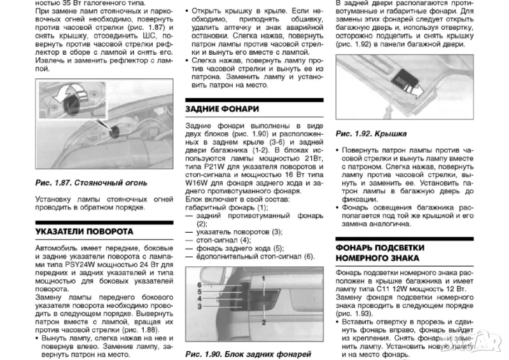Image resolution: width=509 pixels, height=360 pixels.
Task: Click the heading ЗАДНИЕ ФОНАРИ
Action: click(222, 109)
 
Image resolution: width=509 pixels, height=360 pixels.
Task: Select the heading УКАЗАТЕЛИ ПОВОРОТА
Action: click(84, 231)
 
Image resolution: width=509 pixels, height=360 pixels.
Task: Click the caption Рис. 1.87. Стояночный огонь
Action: click(91, 183)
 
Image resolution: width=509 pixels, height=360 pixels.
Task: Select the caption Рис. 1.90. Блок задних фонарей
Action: click(248, 353)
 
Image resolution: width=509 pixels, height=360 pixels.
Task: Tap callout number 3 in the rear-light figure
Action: click(200, 307)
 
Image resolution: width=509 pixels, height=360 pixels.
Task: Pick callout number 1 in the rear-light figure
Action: click(263, 279)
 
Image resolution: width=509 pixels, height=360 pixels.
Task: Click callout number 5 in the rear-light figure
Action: click(200, 291)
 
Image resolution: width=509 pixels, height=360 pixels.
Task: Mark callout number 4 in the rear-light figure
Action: click(200, 299)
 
